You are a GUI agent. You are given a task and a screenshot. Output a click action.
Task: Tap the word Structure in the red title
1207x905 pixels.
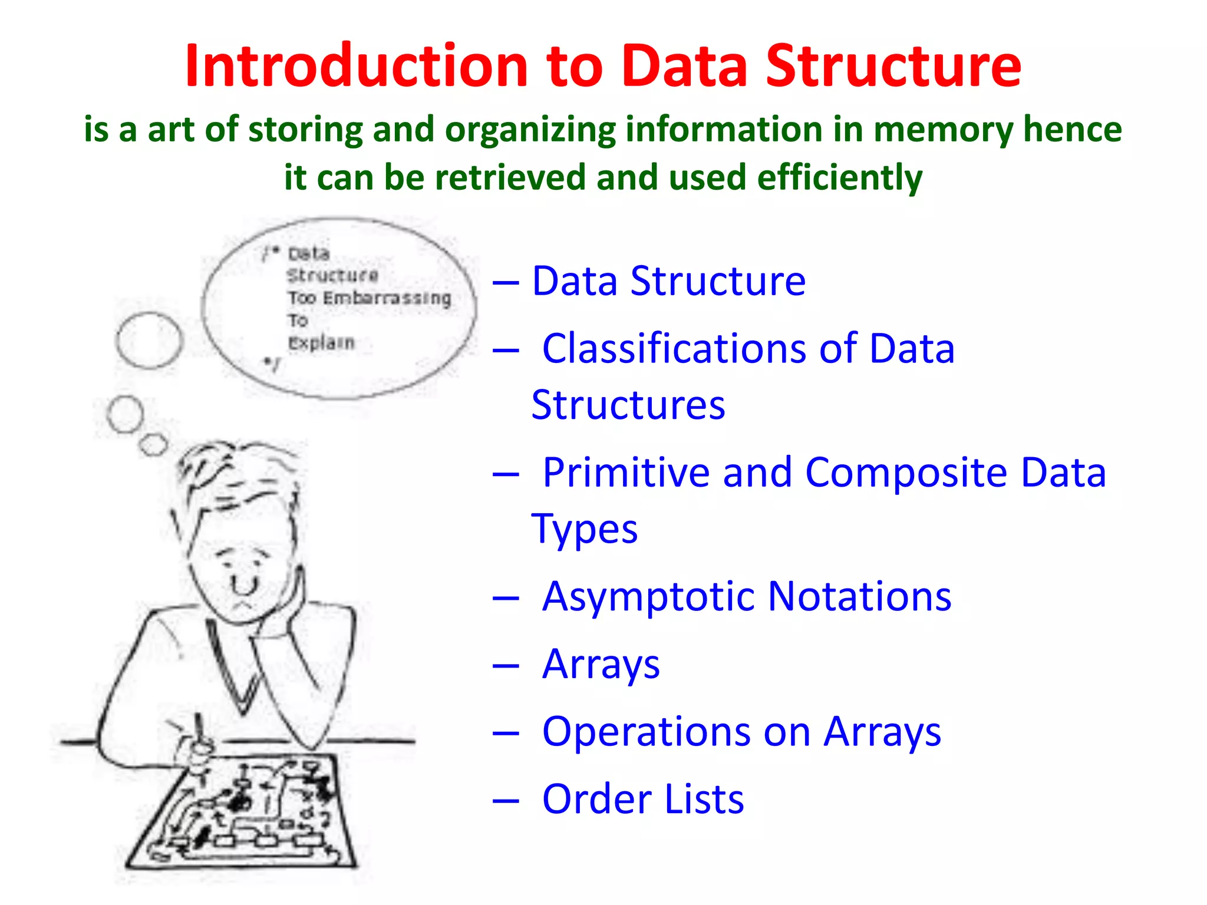pyautogui.click(x=893, y=66)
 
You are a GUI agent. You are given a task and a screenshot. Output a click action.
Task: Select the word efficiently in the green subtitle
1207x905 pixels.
pyautogui.click(x=839, y=177)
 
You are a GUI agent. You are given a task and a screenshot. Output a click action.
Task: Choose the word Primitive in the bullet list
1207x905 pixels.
pyautogui.click(x=625, y=473)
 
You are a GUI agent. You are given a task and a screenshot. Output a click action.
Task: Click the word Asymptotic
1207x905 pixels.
pyautogui.click(x=647, y=597)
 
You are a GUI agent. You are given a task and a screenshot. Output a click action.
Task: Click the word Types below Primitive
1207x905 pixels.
pyautogui.click(x=584, y=529)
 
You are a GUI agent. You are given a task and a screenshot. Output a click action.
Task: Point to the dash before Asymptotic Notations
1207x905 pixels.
pyautogui.click(x=506, y=599)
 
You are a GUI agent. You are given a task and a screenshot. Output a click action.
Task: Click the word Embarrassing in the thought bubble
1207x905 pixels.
pyautogui.click(x=387, y=298)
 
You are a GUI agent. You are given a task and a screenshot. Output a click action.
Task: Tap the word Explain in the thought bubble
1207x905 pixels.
pyautogui.click(x=321, y=342)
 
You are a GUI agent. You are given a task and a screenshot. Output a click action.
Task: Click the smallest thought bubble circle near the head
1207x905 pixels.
pyautogui.click(x=154, y=444)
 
